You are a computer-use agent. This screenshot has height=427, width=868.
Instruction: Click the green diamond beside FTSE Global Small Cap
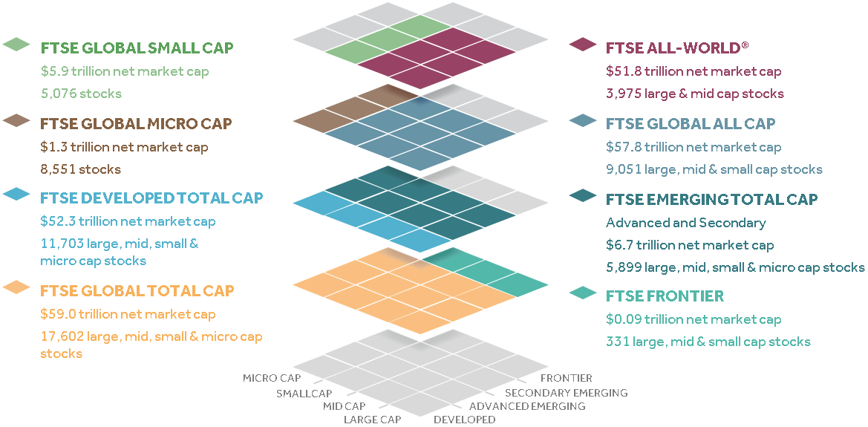click(x=16, y=45)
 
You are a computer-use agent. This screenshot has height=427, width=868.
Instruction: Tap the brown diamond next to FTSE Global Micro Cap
click(x=16, y=121)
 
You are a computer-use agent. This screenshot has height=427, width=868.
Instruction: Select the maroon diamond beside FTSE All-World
click(x=583, y=45)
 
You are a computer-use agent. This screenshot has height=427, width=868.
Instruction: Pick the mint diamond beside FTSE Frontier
click(x=583, y=293)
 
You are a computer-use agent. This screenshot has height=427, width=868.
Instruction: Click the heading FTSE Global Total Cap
click(x=137, y=290)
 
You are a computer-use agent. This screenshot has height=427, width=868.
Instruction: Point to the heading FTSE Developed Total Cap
click(x=151, y=198)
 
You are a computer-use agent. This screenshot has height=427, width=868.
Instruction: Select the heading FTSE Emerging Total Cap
click(x=711, y=199)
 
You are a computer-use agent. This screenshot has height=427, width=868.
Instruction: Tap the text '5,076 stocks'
click(x=81, y=94)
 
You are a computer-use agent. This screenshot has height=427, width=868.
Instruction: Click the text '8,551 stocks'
click(x=80, y=169)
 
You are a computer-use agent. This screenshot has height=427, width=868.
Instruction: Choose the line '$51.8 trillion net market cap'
click(x=694, y=71)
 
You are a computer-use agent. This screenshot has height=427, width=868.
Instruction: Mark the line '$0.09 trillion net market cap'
click(x=694, y=319)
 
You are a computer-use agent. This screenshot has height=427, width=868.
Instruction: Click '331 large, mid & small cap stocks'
click(x=708, y=342)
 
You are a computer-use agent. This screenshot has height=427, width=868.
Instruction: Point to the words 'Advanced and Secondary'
click(x=685, y=223)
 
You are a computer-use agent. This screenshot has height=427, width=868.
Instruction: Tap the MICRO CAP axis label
click(x=272, y=378)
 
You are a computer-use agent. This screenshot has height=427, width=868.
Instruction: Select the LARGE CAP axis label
click(x=372, y=420)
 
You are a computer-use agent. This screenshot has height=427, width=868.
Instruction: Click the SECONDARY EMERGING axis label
click(x=566, y=392)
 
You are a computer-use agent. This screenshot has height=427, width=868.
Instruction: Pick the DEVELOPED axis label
click(x=464, y=420)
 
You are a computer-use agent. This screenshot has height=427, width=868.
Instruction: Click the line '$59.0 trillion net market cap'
click(x=128, y=314)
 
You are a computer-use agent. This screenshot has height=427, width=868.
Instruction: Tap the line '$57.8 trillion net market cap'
click(x=694, y=147)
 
